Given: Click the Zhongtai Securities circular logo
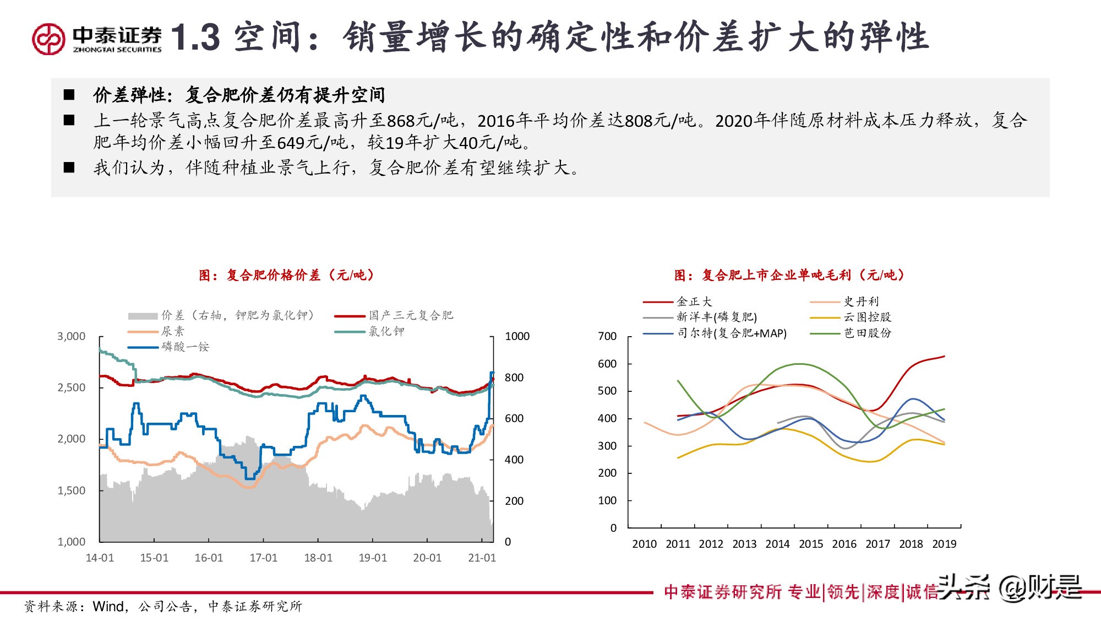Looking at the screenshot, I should point(48,39).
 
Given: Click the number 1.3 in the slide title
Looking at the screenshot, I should point(195,38).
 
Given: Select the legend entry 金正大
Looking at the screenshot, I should point(694,301).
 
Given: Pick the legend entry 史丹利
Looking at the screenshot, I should point(861,301).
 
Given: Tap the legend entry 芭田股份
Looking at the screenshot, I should point(867,333).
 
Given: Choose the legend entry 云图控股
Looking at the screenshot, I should point(867,317).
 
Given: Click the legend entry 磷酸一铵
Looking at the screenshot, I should point(185,347).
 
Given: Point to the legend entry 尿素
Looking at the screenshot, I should point(172,331).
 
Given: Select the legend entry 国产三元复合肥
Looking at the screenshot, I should point(411,315).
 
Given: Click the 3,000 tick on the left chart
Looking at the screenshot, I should point(72,336).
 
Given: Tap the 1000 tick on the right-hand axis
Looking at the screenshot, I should point(517,336).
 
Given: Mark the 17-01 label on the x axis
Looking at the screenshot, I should point(263,558).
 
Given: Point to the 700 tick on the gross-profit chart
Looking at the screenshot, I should point(607,336).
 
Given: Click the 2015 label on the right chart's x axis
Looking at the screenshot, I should point(811,544).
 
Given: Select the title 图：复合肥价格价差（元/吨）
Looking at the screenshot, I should point(286,275).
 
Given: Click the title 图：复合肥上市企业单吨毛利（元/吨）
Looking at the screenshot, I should point(789,275).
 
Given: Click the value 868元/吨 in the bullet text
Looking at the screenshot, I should point(422,121).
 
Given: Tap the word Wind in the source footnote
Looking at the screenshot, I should point(108,606).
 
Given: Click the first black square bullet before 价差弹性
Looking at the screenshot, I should point(69,95).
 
